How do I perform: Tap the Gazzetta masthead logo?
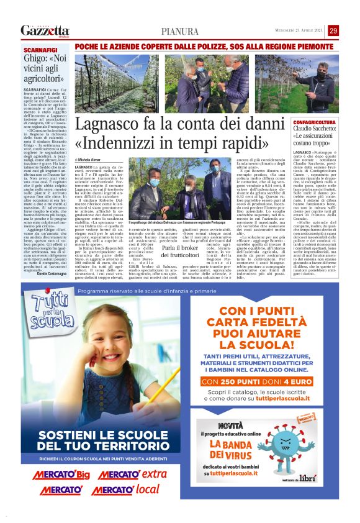[x=45, y=30]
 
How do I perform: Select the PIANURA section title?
[x=180, y=32]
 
